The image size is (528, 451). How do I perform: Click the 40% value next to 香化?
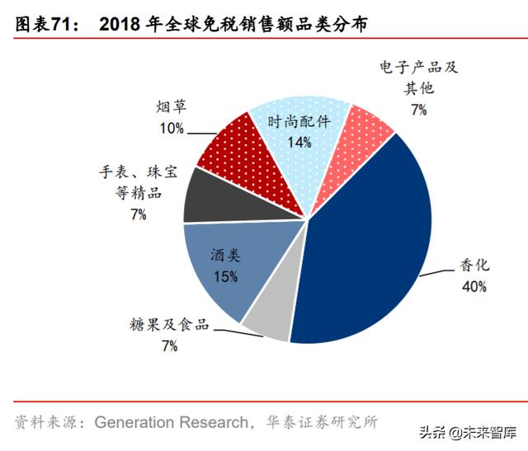[474, 287]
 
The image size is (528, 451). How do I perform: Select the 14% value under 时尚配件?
[299, 142]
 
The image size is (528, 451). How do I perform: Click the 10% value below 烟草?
[172, 128]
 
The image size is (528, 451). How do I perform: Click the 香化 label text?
[474, 265]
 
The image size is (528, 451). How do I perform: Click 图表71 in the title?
[44, 26]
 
